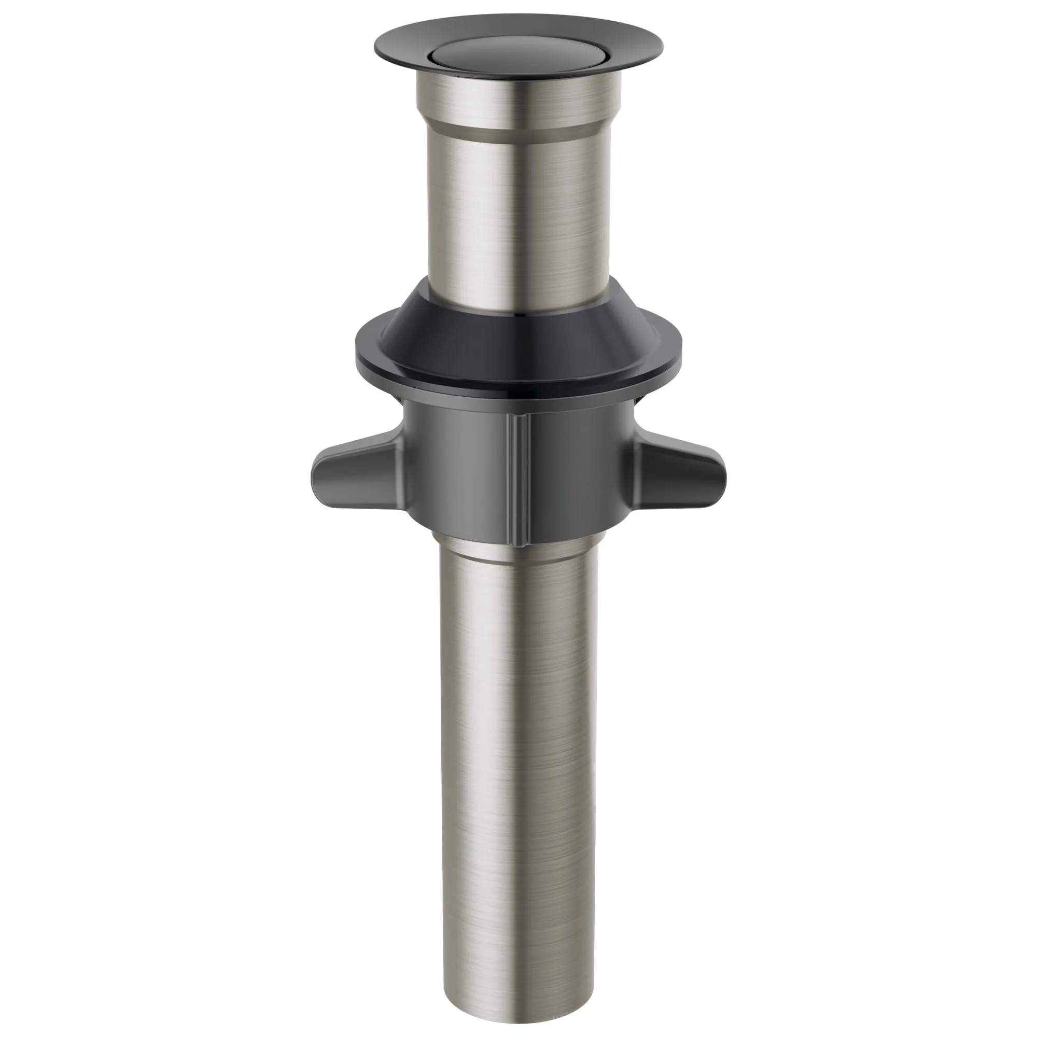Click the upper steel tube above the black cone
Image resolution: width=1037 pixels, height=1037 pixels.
518,215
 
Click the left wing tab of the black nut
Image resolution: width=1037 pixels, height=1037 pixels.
349,472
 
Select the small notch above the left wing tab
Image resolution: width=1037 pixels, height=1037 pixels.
401,405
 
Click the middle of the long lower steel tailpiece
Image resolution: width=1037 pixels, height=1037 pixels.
518,751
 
